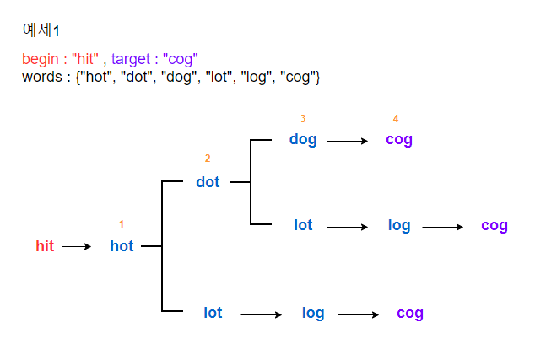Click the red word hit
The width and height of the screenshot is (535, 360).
(x=45, y=246)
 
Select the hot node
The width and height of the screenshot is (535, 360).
(x=122, y=246)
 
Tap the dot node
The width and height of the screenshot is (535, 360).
(x=208, y=182)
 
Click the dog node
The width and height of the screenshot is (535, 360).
(x=303, y=140)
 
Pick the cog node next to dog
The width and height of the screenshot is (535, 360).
(x=399, y=140)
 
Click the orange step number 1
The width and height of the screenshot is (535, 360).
(x=122, y=224)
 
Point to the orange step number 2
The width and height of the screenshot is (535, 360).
(x=208, y=159)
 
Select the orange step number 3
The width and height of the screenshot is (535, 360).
(x=303, y=119)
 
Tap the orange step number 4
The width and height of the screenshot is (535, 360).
(x=395, y=119)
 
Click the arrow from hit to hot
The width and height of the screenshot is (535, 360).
(x=76, y=247)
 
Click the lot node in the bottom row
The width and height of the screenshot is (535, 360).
(x=213, y=313)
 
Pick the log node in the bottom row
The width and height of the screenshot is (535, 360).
(x=313, y=313)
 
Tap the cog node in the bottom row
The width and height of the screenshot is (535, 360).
(x=410, y=314)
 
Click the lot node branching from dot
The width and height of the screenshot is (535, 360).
(x=303, y=225)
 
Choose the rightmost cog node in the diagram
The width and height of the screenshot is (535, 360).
(x=494, y=225)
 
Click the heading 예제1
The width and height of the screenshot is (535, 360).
(x=41, y=30)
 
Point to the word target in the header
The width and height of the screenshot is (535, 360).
(x=131, y=59)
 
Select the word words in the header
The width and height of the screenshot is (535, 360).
(x=40, y=78)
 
